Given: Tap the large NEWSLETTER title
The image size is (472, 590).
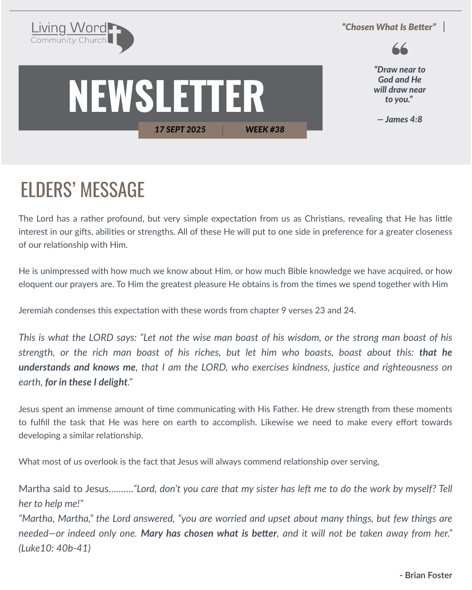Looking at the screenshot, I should click(x=166, y=96).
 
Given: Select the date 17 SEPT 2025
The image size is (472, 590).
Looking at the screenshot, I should click(x=180, y=129).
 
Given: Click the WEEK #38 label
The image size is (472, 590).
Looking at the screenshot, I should click(x=265, y=129).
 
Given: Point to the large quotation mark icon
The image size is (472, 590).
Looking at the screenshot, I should click(x=399, y=49).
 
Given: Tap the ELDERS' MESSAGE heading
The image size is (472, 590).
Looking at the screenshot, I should click(x=83, y=190).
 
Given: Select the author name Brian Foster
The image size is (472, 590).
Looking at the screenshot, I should click(x=428, y=575).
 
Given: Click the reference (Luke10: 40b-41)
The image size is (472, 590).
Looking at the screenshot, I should click(x=55, y=548).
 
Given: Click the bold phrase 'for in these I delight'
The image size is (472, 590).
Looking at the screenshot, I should click(x=86, y=382).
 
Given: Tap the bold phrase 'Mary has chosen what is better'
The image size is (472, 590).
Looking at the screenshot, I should click(x=209, y=533).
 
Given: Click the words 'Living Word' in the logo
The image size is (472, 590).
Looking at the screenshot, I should click(x=69, y=28).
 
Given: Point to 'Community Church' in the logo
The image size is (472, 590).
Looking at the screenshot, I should click(x=69, y=40).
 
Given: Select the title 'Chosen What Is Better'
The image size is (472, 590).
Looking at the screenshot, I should click(x=389, y=27).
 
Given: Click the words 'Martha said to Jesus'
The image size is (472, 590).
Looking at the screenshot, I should click(x=63, y=489).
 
